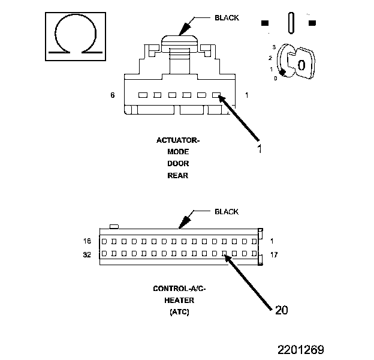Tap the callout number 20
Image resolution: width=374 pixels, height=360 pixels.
coord(282,310)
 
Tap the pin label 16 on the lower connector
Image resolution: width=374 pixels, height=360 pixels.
coord(88,241)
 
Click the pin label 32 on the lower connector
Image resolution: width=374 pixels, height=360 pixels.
coord(88,254)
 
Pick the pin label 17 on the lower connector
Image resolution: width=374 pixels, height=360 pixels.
coord(275,254)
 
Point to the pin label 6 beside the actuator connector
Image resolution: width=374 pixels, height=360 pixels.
coord(112,95)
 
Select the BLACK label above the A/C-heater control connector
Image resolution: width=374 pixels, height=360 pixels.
coord(227,211)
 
